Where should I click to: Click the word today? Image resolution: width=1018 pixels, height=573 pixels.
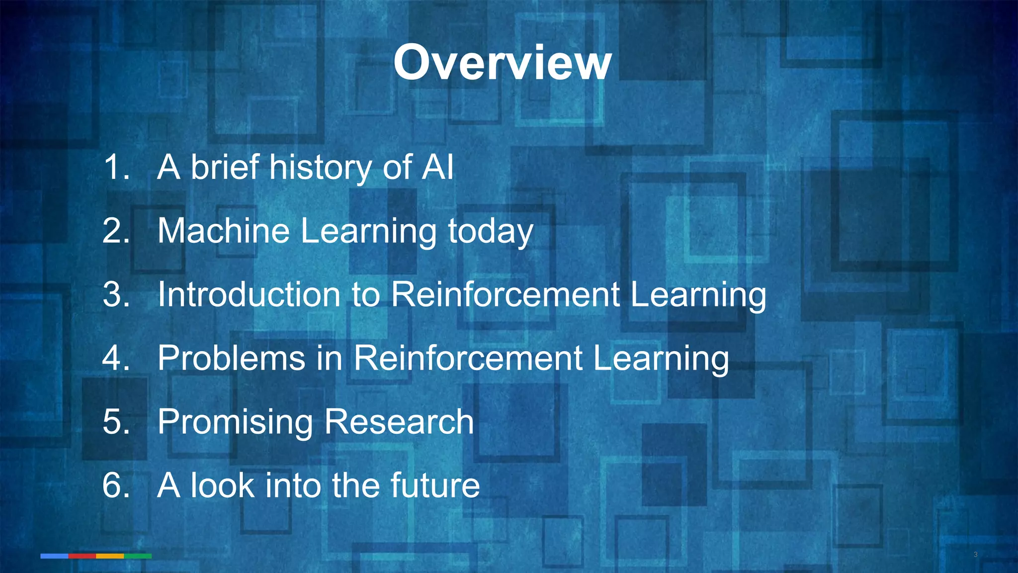491,232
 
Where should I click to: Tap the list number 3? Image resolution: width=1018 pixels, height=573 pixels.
116,294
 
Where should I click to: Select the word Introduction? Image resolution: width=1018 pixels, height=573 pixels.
249,294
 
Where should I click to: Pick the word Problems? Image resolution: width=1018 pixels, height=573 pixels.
231,358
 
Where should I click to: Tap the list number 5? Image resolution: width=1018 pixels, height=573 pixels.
116,422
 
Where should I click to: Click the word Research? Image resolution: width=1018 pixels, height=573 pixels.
399,422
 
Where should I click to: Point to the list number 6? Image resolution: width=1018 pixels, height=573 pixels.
116,485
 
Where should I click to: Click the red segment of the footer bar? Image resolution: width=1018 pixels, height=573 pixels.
82,556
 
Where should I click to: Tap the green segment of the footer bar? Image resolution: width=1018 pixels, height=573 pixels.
138,556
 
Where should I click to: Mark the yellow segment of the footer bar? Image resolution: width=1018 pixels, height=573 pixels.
110,556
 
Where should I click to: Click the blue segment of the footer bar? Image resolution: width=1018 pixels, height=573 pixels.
54,556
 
